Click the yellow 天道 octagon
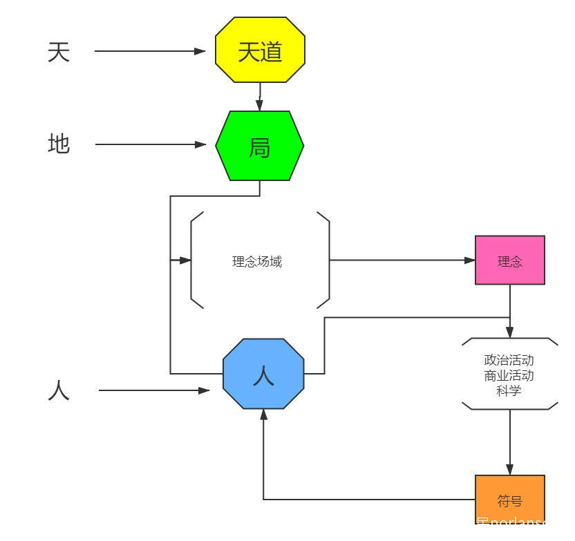pos(260,50)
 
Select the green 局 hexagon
pos(259,146)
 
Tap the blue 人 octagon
pos(263,374)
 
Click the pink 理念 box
pos(509,260)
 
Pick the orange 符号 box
pos(509,500)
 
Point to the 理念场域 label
pos(257,261)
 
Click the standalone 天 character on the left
pos(59,52)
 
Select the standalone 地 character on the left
pos(59,144)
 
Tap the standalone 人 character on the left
pos(59,391)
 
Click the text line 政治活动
pos(509,360)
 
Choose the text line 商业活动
pos(509,375)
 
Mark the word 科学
pos(509,391)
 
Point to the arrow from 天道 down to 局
pos(260,97)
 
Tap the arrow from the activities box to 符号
pos(510,442)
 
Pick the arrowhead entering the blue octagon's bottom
pos(263,415)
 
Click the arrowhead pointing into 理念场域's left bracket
pos(185,260)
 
